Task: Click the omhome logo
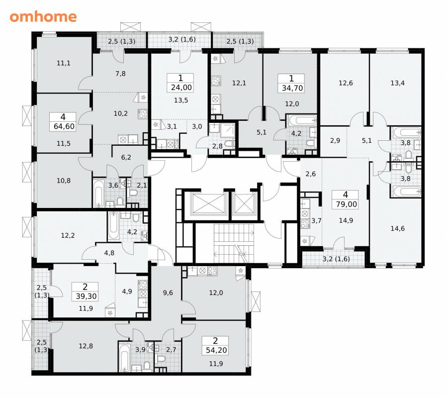[43, 16]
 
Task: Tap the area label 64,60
[64, 126]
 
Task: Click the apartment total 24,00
[181, 87]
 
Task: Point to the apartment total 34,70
[292, 88]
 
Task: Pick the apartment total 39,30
[86, 296]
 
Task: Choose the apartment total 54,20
[216, 350]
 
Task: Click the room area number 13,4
[397, 83]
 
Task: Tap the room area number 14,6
[397, 228]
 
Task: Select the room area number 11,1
[64, 63]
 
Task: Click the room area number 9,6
[168, 293]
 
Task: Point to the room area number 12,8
[86, 346]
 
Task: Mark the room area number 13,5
[181, 100]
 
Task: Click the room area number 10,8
[64, 181]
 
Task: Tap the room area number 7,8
[121, 74]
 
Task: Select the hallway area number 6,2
[126, 157]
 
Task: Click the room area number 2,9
[335, 140]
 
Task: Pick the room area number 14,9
[346, 220]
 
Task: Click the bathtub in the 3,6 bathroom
[98, 193]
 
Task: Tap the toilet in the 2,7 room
[161, 358]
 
